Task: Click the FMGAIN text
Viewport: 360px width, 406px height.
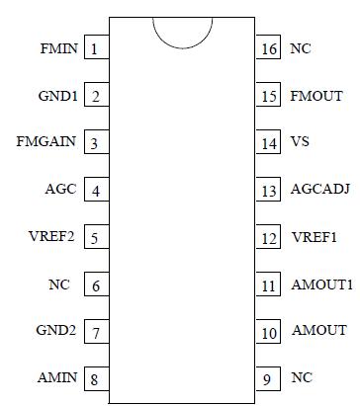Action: coord(45,143)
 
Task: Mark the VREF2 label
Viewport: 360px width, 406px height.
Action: coord(54,237)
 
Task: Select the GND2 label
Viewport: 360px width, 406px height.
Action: coord(55,330)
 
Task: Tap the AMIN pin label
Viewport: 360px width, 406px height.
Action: coord(56,377)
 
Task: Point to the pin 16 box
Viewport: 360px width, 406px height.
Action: coord(269,48)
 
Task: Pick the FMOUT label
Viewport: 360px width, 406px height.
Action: coord(316,96)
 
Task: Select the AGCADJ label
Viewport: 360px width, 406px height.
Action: coord(320,190)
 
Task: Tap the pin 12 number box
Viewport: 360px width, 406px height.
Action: coord(269,237)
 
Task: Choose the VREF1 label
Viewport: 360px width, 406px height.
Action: coord(315,237)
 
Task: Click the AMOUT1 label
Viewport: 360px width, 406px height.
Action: coord(321,284)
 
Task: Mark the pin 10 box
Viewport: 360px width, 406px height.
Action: coord(269,331)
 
